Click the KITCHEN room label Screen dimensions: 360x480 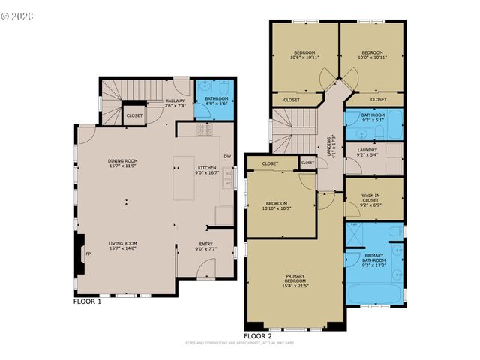pyautogui.click(x=207, y=170)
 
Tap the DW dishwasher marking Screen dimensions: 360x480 pyautogui.click(x=226, y=156)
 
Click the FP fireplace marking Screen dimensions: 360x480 pyautogui.click(x=88, y=253)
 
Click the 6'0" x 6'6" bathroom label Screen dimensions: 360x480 pyautogui.click(x=213, y=103)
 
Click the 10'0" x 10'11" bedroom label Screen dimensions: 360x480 pyautogui.click(x=371, y=55)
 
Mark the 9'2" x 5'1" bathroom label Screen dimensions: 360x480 pyautogui.click(x=373, y=118)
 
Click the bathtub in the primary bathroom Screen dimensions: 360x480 pyautogui.click(x=373, y=293)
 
